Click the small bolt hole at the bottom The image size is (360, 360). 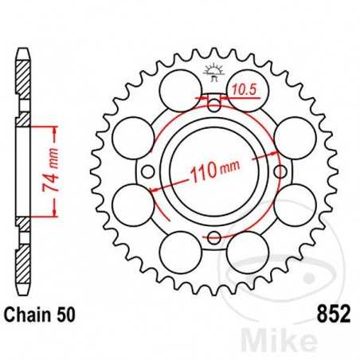[x=213, y=237]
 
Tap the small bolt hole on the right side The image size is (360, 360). [x=280, y=169]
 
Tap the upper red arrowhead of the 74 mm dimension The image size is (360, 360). [x=54, y=129]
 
